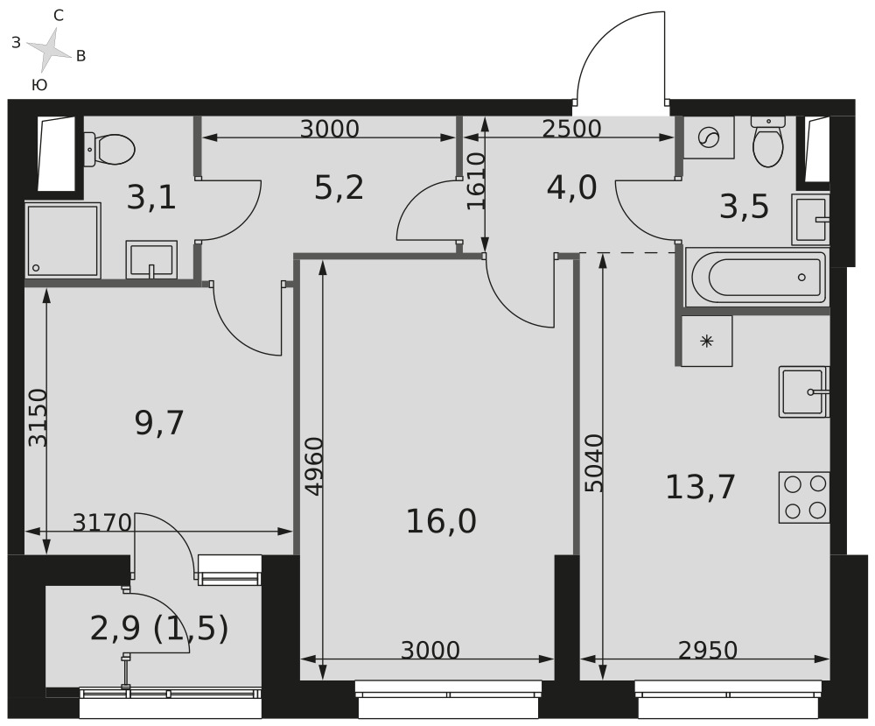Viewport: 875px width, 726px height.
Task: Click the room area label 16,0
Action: (x=441, y=522)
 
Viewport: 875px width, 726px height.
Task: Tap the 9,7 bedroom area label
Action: (x=159, y=423)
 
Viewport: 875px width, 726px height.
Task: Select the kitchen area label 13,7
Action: (x=700, y=486)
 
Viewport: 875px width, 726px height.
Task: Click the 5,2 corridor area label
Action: (x=339, y=187)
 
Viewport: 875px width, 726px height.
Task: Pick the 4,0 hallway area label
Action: (x=572, y=187)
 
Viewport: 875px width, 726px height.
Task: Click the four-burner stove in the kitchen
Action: (x=804, y=497)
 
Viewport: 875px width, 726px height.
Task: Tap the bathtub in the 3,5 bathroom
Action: (x=758, y=278)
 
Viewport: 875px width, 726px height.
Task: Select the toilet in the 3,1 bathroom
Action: (x=109, y=149)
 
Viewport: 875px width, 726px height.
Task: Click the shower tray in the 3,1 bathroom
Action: (x=62, y=241)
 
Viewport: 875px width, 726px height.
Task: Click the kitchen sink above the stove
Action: (x=804, y=391)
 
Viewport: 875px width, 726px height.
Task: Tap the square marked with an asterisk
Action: (x=706, y=341)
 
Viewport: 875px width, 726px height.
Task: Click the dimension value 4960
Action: (x=315, y=466)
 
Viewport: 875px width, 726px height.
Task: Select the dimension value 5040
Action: (x=595, y=463)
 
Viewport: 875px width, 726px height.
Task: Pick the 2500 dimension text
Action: (x=572, y=129)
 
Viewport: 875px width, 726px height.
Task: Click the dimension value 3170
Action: (x=102, y=523)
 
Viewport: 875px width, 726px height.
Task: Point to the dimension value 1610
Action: (x=476, y=181)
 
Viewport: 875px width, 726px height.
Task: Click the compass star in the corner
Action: (x=50, y=47)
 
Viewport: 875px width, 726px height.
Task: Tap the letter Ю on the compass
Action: (x=39, y=85)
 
